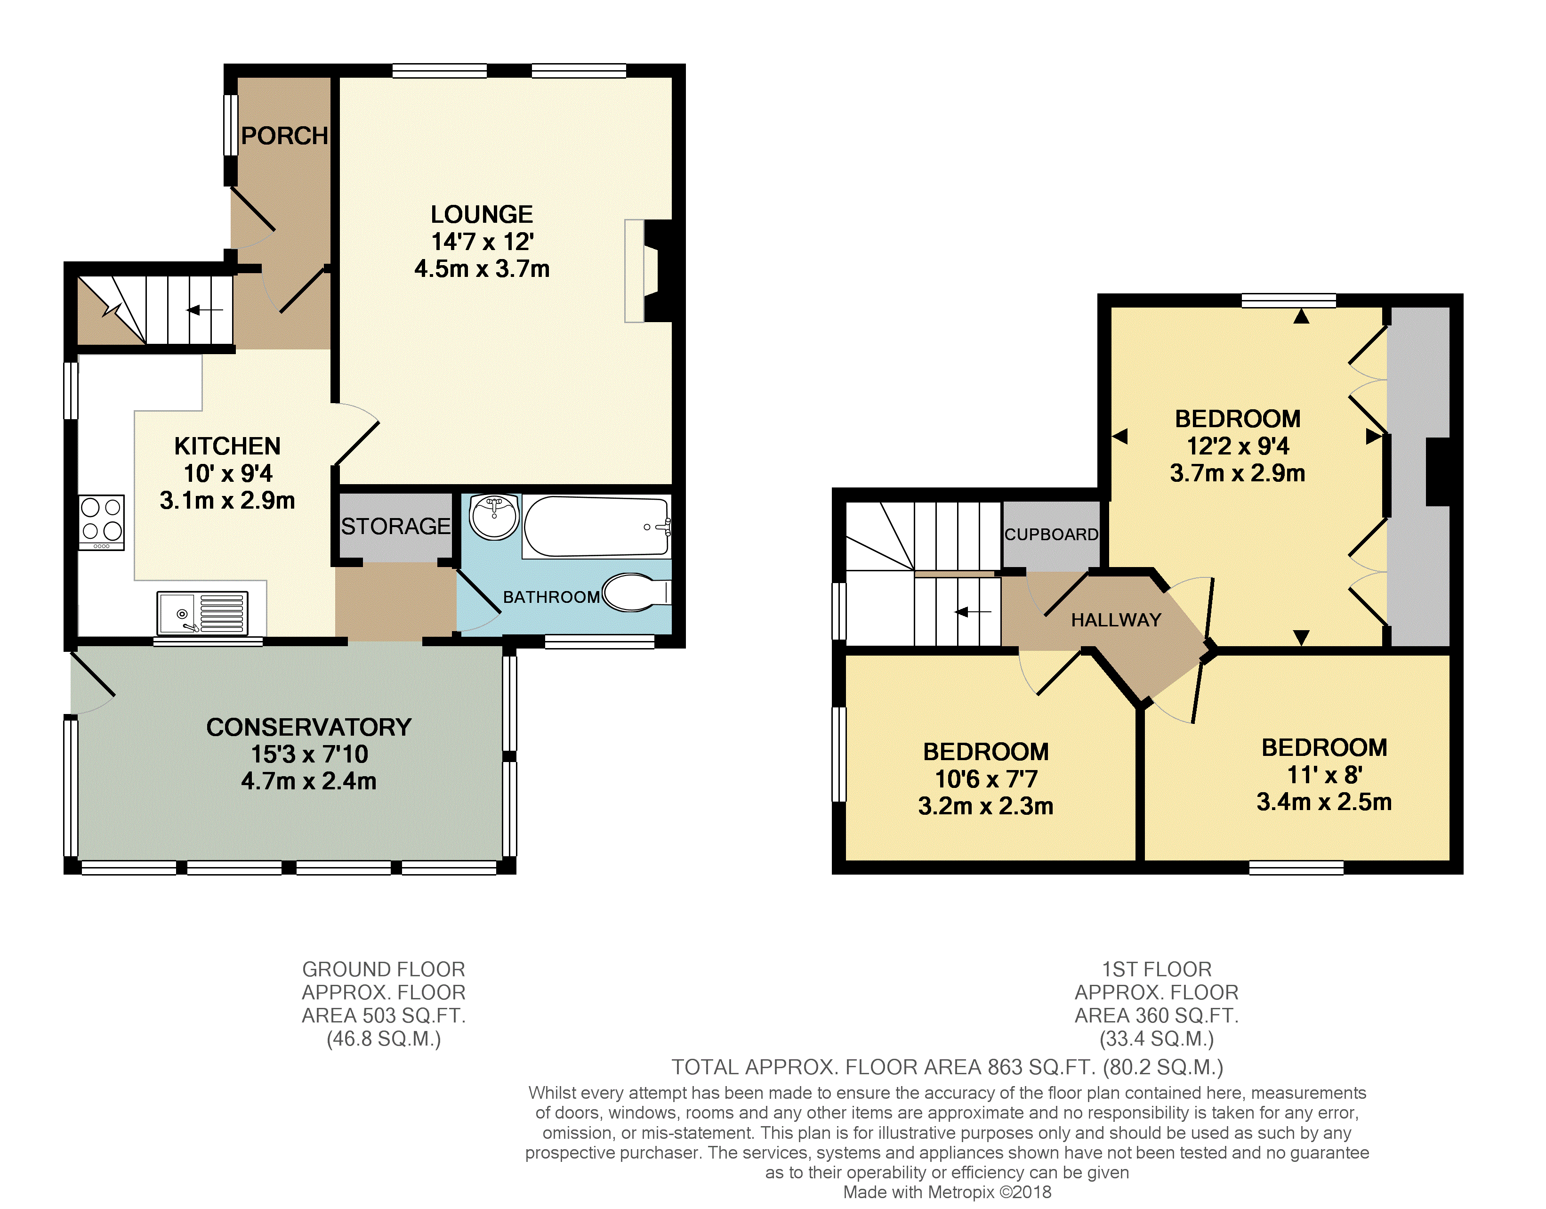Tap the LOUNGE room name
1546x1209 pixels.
click(482, 214)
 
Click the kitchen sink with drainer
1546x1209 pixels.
click(202, 613)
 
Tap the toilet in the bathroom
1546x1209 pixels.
click(636, 592)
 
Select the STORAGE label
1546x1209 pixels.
click(396, 526)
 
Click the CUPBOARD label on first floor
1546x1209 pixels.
click(1051, 534)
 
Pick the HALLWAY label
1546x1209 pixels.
click(1116, 620)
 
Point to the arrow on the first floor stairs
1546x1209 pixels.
click(974, 612)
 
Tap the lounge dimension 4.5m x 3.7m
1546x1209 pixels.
click(482, 269)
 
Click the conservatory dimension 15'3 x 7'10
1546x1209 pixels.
click(309, 754)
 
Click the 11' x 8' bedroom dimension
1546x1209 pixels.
click(1324, 775)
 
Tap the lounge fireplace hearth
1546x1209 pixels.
click(634, 271)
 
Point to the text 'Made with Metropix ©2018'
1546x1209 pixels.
click(947, 1192)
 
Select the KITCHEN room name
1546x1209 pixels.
click(227, 446)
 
